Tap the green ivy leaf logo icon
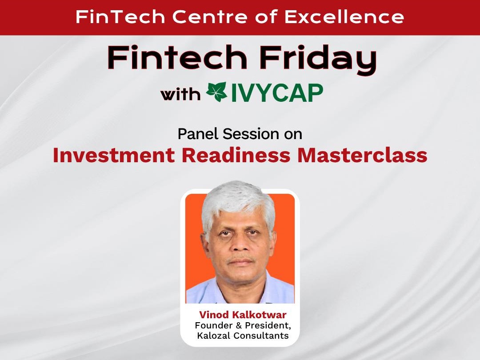click(217, 92)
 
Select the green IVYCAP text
click(276, 93)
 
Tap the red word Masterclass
click(362, 156)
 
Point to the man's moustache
click(241, 259)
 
